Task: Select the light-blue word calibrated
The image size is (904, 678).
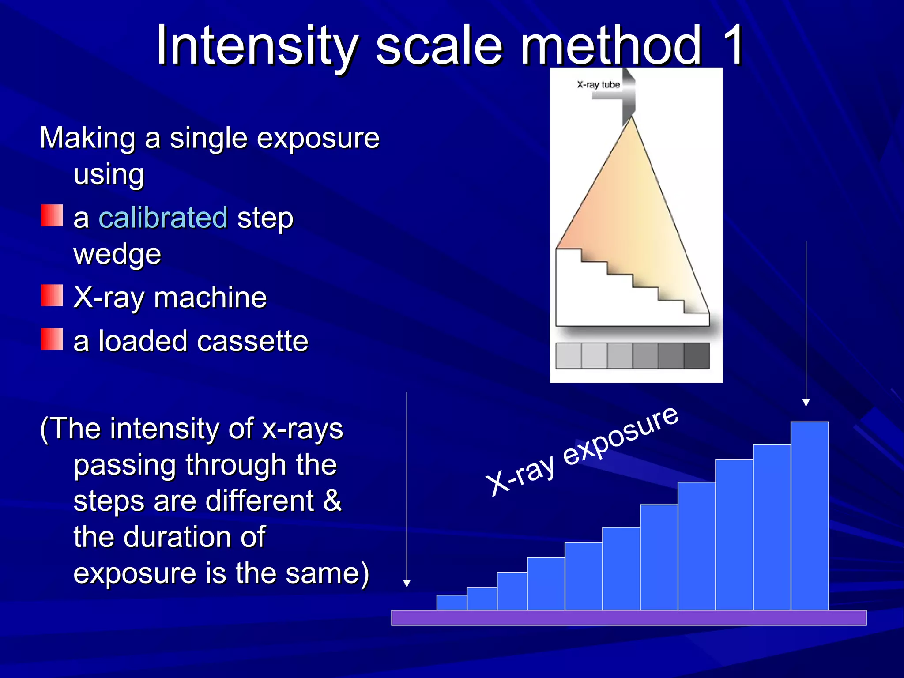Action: (163, 218)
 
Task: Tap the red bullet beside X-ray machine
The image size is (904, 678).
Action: (52, 295)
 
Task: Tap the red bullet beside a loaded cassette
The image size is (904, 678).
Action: (52, 339)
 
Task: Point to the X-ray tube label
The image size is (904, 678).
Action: (598, 84)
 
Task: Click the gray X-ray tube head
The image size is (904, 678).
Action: (628, 97)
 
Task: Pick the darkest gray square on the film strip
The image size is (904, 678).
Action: (697, 355)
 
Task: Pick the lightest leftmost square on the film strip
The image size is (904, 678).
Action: (569, 355)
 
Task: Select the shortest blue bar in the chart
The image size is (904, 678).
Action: (452, 602)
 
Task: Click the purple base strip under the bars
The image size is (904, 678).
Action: (629, 618)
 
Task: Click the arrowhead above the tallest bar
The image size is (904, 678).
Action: (806, 403)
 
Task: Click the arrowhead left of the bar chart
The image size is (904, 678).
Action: (407, 584)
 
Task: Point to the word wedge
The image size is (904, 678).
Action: (117, 254)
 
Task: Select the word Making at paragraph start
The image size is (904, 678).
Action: (87, 138)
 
